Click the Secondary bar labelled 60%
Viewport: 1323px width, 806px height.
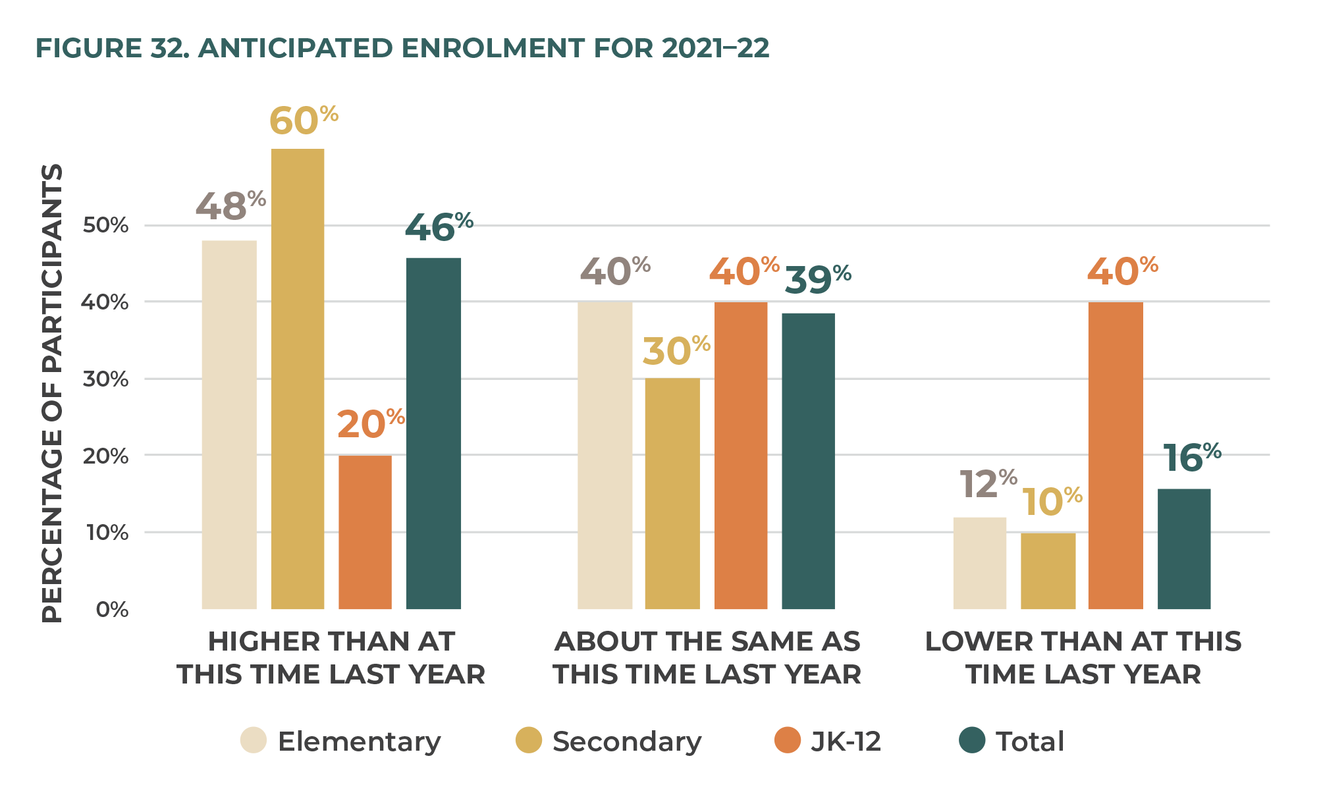[x=298, y=379]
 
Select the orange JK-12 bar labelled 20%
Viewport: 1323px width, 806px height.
[x=365, y=532]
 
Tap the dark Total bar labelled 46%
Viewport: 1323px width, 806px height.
[x=433, y=433]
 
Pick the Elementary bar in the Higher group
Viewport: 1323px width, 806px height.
[x=229, y=425]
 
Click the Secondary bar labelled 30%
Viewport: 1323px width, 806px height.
[x=672, y=494]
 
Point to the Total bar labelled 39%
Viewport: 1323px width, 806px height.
[x=808, y=461]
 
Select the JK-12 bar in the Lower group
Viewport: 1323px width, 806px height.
[x=1116, y=456]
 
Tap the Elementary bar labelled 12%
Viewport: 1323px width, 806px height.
[x=980, y=563]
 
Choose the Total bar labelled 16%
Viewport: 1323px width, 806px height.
[x=1184, y=549]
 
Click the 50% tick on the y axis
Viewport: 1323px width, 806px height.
[x=105, y=225]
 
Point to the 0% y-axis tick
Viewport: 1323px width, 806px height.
[x=112, y=609]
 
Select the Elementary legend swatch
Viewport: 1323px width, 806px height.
[x=254, y=740]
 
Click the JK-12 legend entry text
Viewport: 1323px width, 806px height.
[x=846, y=741]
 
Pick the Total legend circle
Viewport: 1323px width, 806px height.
[x=972, y=740]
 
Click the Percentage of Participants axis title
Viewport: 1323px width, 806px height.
[x=53, y=392]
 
